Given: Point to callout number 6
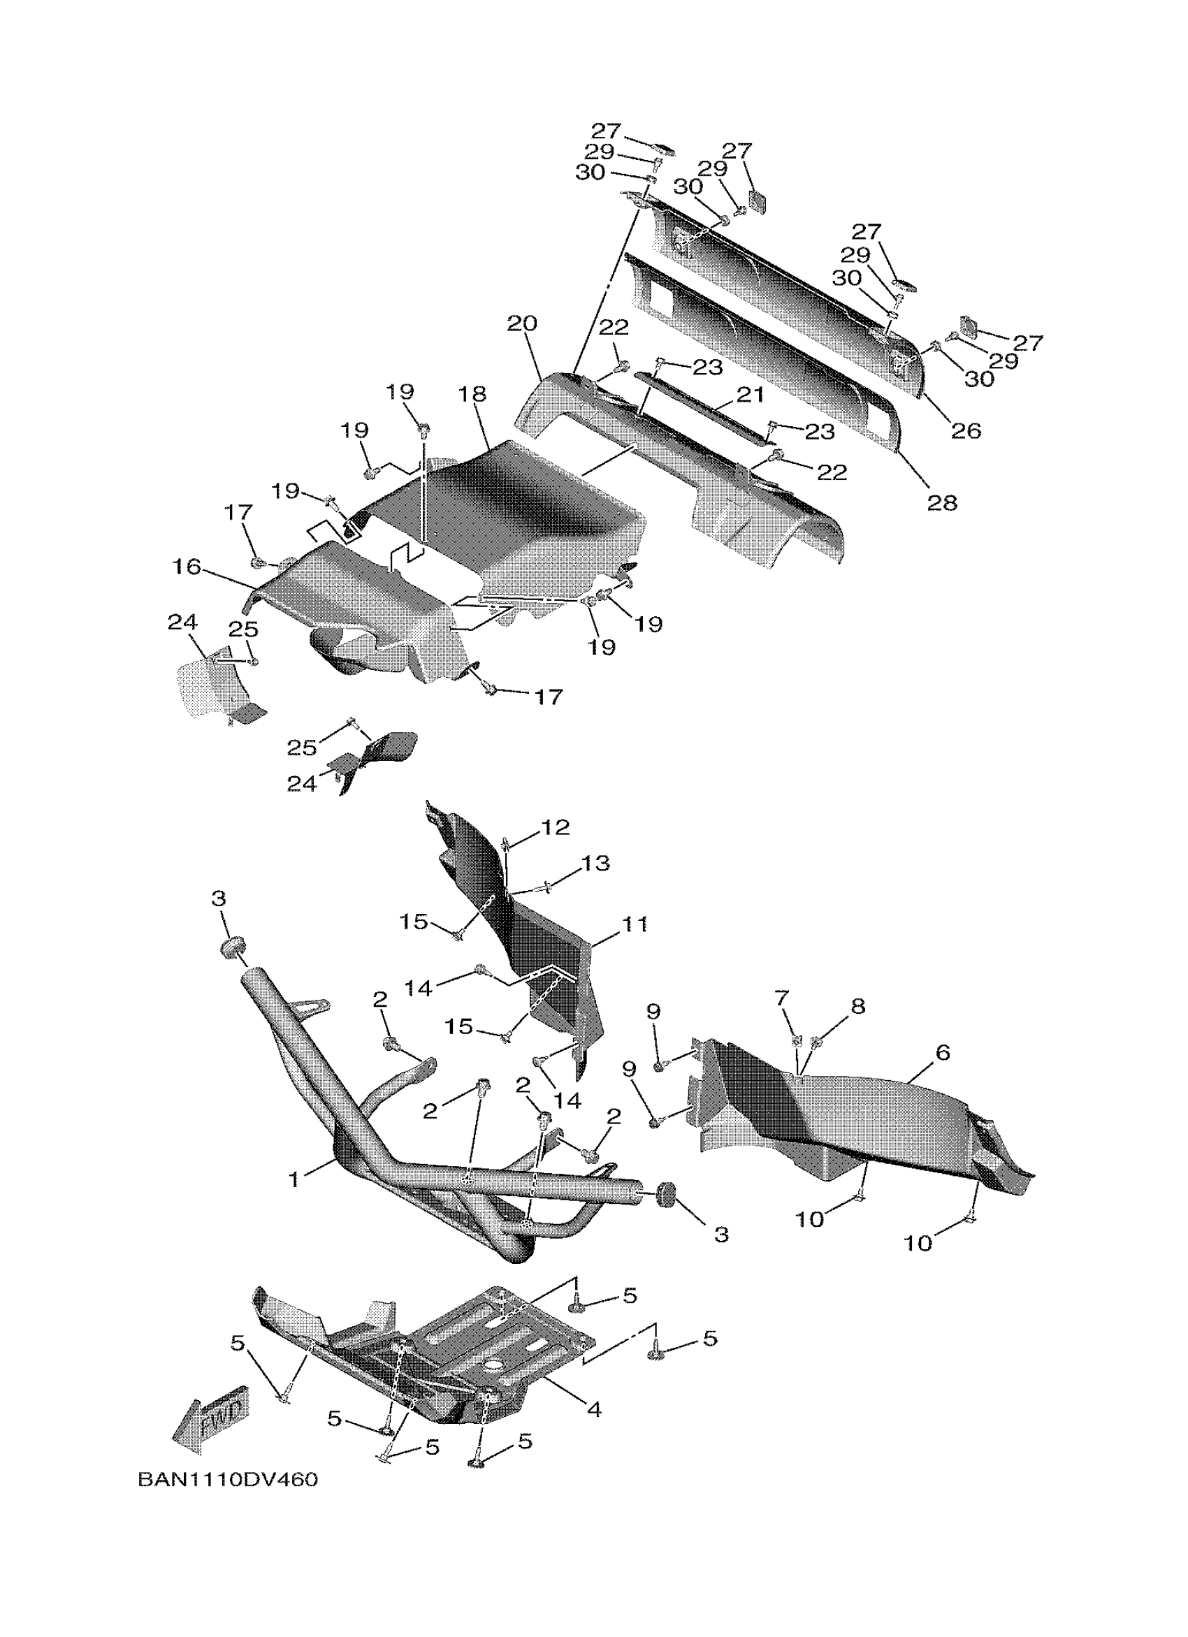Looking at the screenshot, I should point(942,1053).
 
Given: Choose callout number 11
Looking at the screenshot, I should point(635,924).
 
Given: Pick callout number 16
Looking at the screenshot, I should point(187,567).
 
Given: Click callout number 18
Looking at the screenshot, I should point(472,394).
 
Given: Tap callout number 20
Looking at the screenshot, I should point(522,323).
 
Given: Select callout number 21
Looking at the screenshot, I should point(749,394).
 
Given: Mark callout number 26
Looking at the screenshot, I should point(966,430).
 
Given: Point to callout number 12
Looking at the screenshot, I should point(555,827).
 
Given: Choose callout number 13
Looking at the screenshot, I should point(595,864).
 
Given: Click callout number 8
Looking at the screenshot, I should point(857,1005).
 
